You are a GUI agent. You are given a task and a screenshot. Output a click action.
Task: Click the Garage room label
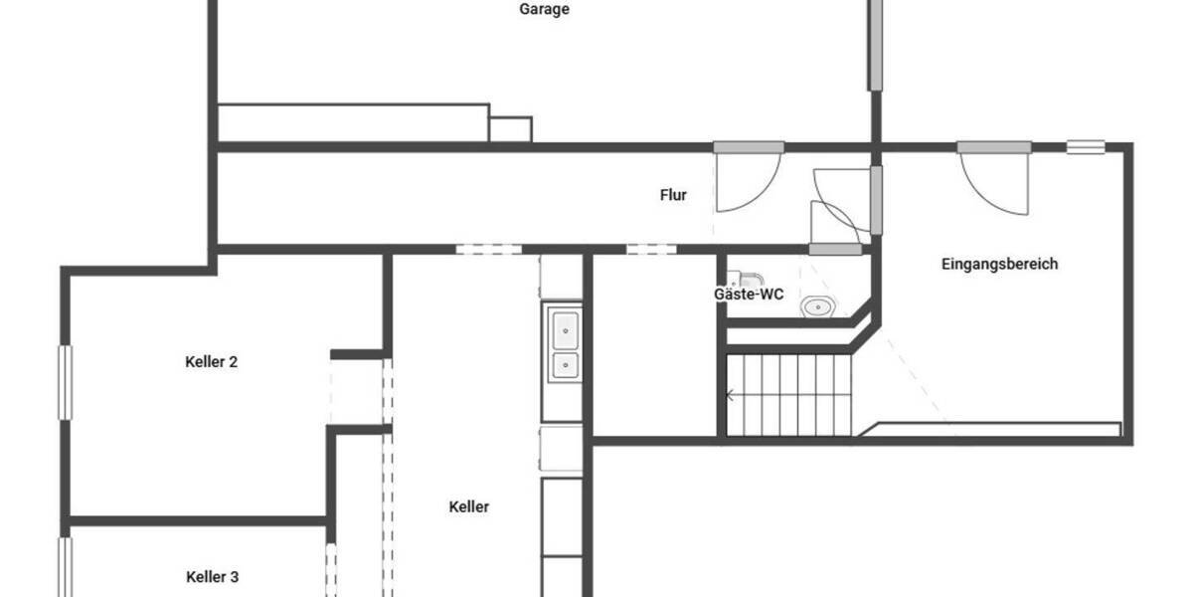click(x=544, y=10)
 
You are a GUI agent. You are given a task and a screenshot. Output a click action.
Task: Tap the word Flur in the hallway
click(x=673, y=196)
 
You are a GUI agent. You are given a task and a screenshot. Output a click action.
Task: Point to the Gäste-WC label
click(x=749, y=295)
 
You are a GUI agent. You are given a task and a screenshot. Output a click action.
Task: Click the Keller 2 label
click(x=211, y=362)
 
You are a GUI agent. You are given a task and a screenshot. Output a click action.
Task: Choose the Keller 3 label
click(x=212, y=577)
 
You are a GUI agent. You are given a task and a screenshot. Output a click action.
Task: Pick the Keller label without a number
click(x=469, y=507)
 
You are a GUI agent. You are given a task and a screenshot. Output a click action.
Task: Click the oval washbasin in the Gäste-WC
click(x=817, y=307)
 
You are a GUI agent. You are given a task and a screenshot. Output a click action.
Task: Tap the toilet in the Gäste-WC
click(x=750, y=278)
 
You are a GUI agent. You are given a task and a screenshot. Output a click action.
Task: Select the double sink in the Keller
click(x=564, y=346)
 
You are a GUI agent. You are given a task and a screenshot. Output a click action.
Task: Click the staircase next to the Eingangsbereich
click(x=790, y=395)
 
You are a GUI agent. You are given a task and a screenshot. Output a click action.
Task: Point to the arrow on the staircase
click(x=731, y=395)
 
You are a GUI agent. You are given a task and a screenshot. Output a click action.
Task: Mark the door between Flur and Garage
click(x=749, y=148)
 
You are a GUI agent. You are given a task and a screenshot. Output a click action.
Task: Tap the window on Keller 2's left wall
click(x=66, y=382)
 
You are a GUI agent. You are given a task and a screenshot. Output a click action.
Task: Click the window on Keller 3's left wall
click(x=66, y=567)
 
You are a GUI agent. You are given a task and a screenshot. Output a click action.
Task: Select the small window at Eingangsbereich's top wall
click(x=1086, y=147)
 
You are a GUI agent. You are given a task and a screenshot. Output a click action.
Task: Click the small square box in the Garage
click(x=511, y=129)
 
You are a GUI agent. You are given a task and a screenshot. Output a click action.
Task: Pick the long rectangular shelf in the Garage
click(x=353, y=122)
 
